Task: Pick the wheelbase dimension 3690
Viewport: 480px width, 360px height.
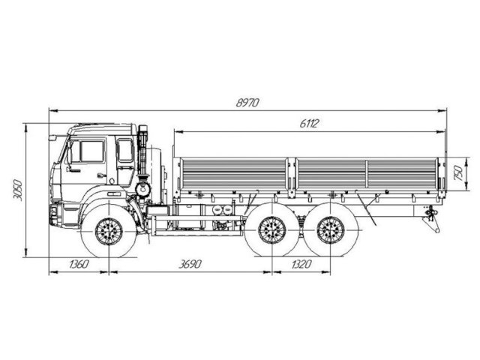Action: [x=190, y=264]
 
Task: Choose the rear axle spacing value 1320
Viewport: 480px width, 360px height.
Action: [x=299, y=264]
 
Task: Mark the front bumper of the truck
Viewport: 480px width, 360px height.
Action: [x=54, y=213]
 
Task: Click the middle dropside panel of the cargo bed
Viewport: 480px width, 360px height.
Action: [x=330, y=173]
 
